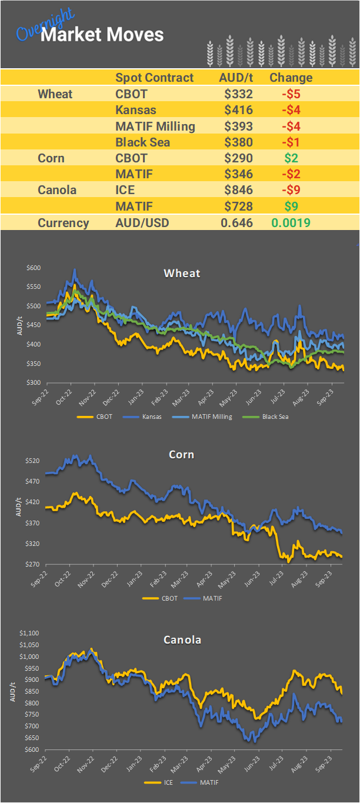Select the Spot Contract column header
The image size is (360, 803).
click(154, 78)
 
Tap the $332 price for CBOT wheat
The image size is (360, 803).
click(238, 94)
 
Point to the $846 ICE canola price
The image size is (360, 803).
click(238, 190)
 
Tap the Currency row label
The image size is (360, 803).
click(64, 223)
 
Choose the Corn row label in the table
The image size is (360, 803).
click(51, 158)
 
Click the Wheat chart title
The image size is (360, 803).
click(182, 273)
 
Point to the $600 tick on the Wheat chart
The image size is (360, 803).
click(34, 268)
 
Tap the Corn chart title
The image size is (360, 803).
click(181, 455)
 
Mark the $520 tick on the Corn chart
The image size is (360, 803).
click(33, 461)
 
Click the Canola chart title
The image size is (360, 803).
click(182, 639)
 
